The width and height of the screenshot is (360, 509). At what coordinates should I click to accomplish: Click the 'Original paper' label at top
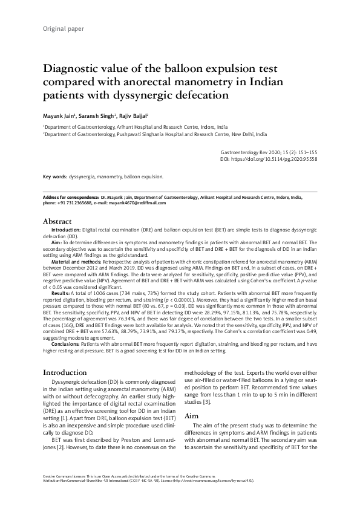pyautogui.click(x=63, y=28)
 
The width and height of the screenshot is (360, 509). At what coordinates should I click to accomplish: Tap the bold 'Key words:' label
pyautogui.click(x=55, y=177)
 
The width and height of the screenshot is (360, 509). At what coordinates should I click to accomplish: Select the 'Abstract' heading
pyautogui.click(x=58, y=222)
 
